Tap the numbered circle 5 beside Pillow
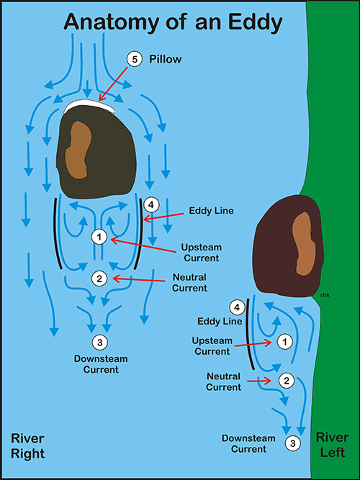(135, 60)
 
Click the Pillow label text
(165, 60)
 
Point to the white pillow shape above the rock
(91, 106)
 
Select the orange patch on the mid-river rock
(78, 150)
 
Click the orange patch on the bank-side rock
(305, 243)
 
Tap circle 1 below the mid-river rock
(99, 237)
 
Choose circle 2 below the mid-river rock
(99, 279)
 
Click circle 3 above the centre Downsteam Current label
(99, 342)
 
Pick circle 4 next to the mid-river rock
(150, 205)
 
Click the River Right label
(28, 445)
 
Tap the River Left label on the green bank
(332, 445)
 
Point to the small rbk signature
(325, 295)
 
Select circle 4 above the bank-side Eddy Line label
(237, 308)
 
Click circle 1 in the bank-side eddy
(285, 342)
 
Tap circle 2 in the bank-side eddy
(287, 381)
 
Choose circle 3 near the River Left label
(293, 443)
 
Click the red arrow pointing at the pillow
(113, 84)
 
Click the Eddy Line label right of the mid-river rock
(212, 211)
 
